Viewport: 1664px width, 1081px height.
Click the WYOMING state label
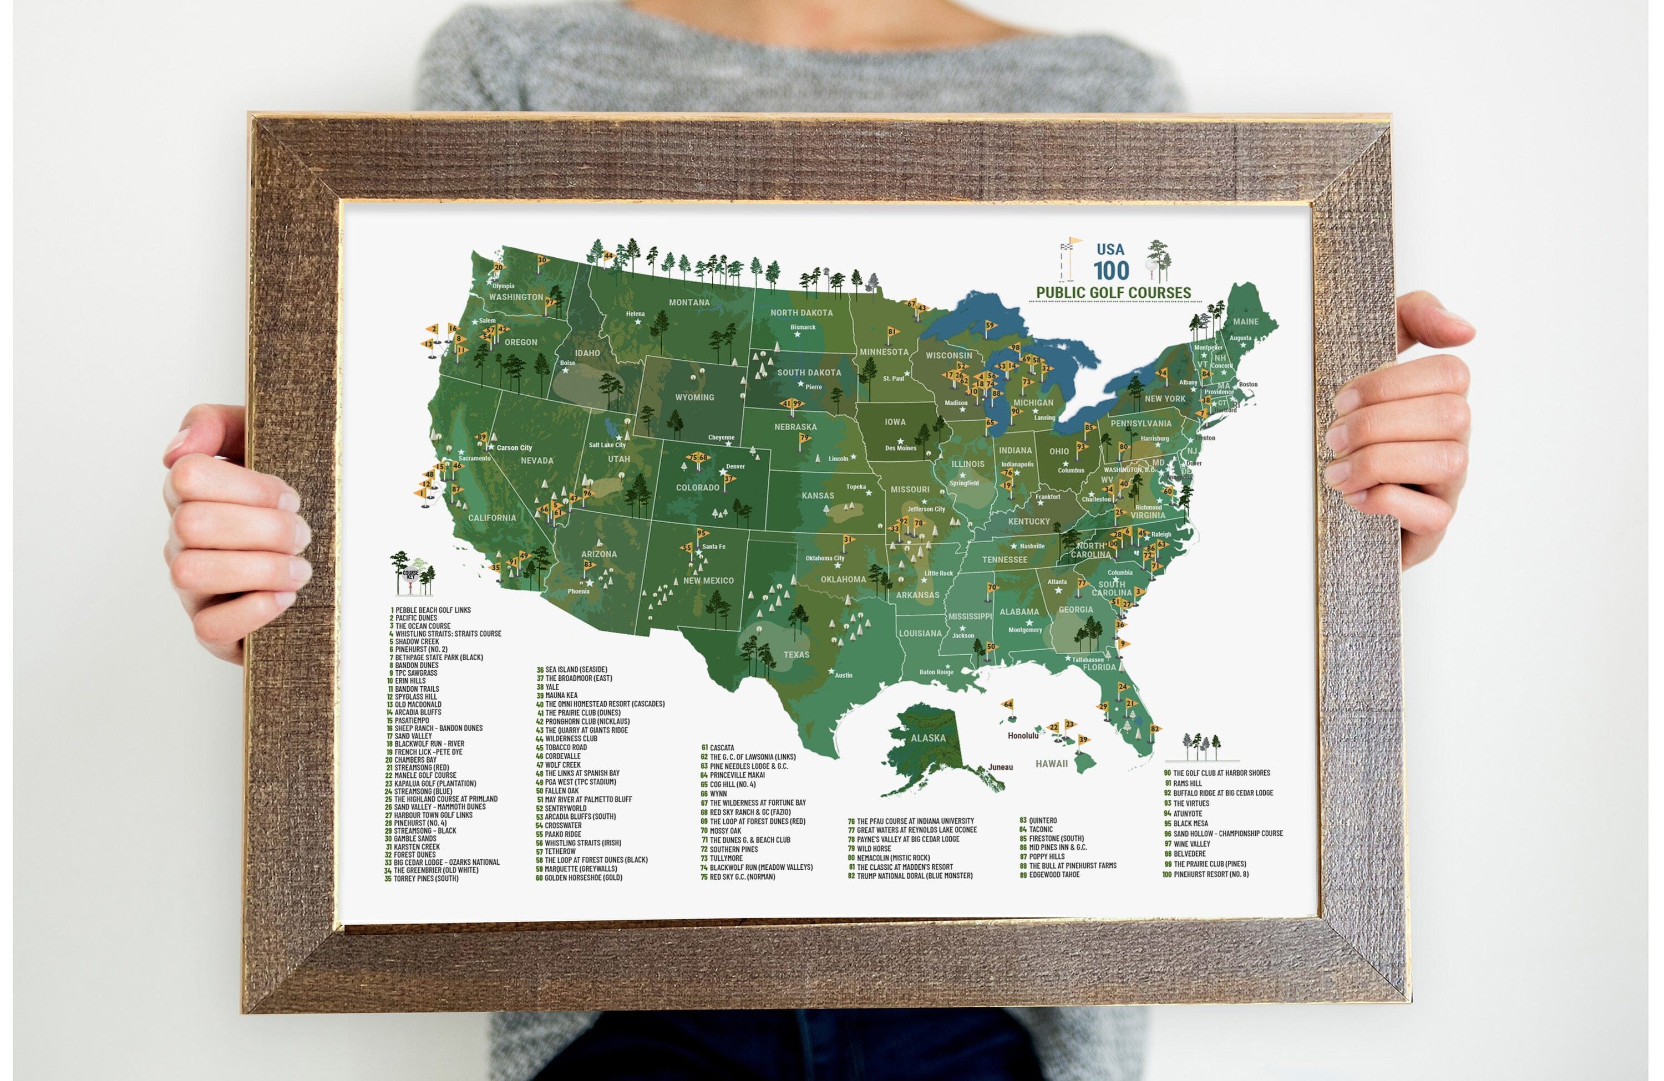click(694, 397)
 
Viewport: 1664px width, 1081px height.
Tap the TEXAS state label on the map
click(797, 655)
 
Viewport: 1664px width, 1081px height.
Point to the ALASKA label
click(928, 738)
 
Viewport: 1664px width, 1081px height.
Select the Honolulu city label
click(1023, 736)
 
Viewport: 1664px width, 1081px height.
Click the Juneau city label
click(1001, 767)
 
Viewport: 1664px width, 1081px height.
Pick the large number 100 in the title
click(1111, 271)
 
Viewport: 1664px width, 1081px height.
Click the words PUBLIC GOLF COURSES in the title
click(1113, 293)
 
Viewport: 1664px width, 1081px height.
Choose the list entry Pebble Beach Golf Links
click(432, 610)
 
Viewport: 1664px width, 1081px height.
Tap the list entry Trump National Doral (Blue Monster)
click(914, 875)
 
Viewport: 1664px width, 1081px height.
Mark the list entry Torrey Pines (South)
click(425, 878)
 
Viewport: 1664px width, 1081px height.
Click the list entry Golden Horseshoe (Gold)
click(582, 878)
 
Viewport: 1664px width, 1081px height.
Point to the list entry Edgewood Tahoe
click(1053, 875)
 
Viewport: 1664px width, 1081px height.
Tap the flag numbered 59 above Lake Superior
click(990, 325)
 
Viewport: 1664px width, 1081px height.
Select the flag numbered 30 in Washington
click(542, 261)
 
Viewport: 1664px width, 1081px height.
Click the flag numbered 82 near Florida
click(1154, 729)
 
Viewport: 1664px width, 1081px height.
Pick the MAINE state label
click(1245, 322)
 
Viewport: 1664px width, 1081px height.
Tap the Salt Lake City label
click(607, 445)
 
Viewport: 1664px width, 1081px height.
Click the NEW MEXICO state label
click(708, 580)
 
